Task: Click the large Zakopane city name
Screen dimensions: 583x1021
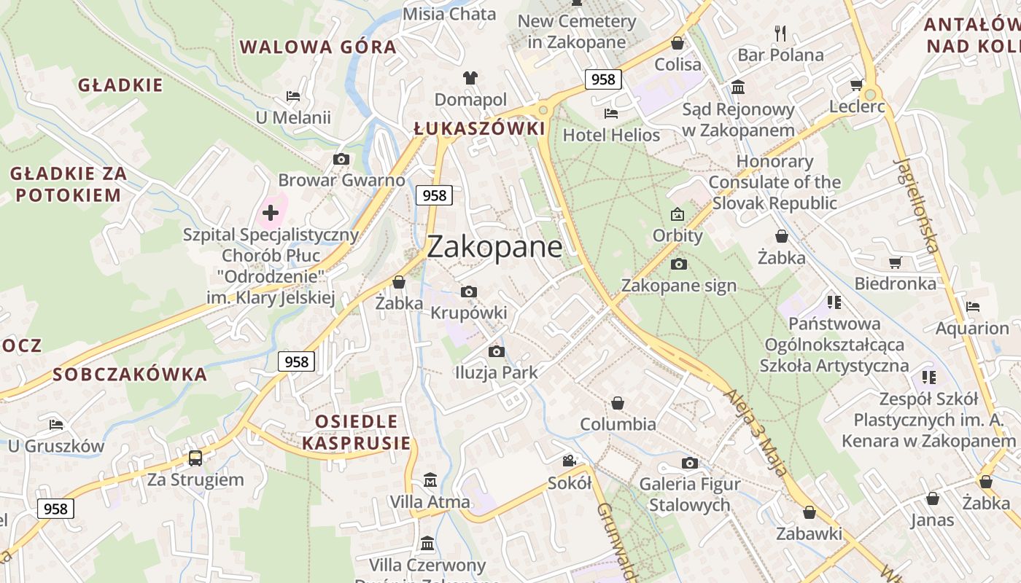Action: coord(494,247)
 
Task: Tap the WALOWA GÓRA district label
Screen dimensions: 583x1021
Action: coord(318,47)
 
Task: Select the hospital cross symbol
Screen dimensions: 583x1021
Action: coord(271,213)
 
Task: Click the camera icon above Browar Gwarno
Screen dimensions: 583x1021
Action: coord(341,159)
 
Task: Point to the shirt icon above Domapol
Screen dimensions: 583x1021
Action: coord(470,78)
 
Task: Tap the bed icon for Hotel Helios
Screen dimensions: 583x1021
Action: coord(611,114)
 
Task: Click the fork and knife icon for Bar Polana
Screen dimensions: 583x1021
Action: coord(780,33)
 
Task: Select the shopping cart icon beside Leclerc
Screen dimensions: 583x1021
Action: coord(857,85)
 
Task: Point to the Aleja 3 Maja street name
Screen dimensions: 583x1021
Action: coord(756,433)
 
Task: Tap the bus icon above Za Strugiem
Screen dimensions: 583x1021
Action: coord(195,458)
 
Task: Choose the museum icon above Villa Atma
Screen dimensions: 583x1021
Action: coord(430,480)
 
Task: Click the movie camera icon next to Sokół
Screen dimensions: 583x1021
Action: coord(570,461)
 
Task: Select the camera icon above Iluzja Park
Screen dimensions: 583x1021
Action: coord(496,352)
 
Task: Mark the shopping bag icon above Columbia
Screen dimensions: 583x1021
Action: coord(618,403)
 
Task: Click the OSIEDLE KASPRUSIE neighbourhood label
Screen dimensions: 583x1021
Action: coord(357,431)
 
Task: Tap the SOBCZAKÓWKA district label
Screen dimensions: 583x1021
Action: coord(130,375)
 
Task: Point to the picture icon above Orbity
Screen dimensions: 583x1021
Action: coord(678,214)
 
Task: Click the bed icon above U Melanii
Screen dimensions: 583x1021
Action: coord(293,96)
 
